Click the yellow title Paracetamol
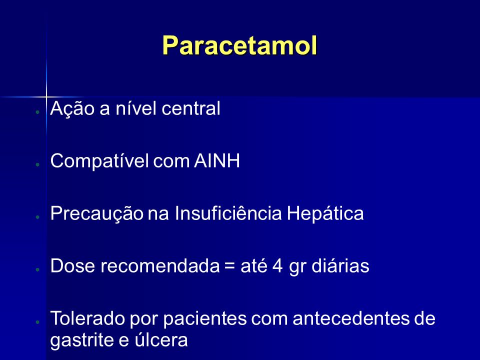(x=239, y=45)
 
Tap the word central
(x=190, y=108)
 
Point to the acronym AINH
(x=217, y=160)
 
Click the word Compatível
(x=99, y=160)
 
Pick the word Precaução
(x=96, y=213)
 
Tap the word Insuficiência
(x=228, y=213)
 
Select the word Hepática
(x=325, y=213)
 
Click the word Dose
(x=72, y=265)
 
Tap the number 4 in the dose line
(x=277, y=265)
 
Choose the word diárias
(x=340, y=265)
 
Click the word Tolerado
(x=87, y=318)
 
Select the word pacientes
(x=205, y=318)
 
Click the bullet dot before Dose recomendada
(x=37, y=269)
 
